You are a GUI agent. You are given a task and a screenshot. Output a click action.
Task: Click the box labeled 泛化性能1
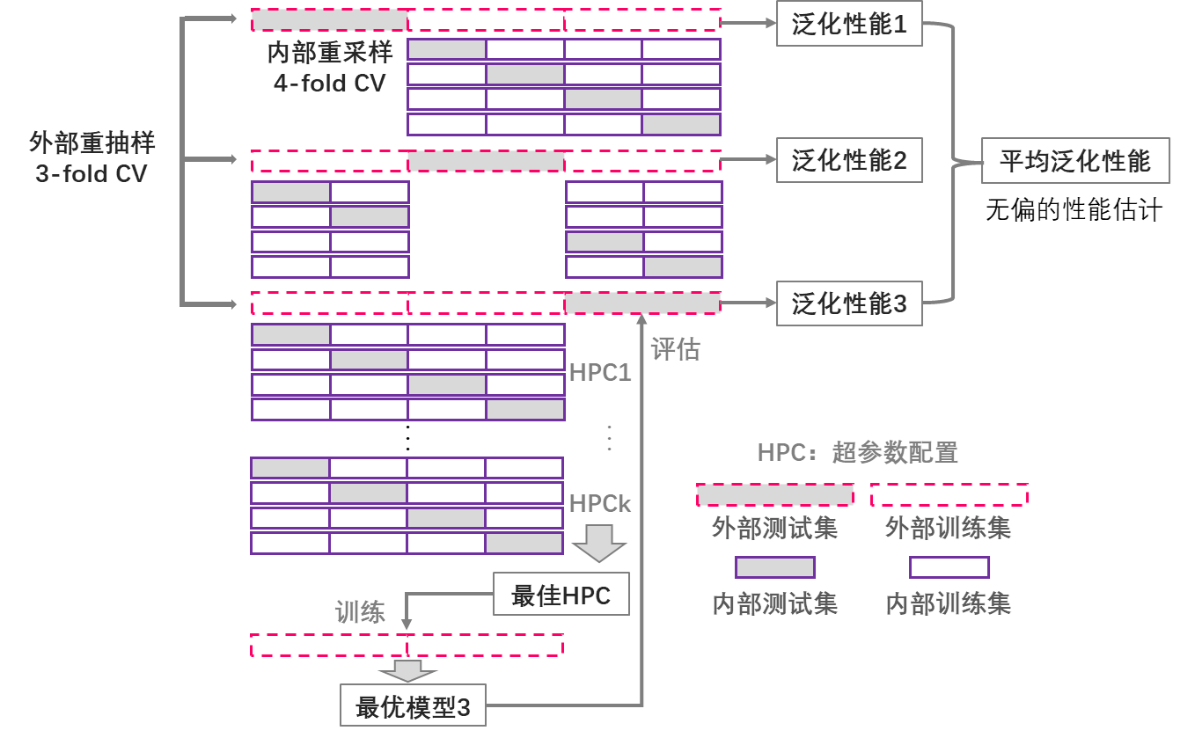[x=849, y=24]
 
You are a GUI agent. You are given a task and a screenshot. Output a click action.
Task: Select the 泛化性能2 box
[x=849, y=160]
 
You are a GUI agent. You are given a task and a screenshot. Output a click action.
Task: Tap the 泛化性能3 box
[x=849, y=304]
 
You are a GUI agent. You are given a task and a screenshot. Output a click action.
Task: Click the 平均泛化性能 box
[x=1075, y=161]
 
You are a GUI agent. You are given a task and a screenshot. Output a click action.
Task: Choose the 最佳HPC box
[x=561, y=595]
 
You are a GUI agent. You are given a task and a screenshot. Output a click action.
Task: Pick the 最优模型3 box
[x=413, y=705]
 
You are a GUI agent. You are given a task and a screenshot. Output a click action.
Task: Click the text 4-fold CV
[x=329, y=84]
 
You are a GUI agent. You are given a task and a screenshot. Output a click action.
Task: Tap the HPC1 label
[x=600, y=373]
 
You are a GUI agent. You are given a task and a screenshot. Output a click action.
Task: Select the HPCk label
[x=600, y=504]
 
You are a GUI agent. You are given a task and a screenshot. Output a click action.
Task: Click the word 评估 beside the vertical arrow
[x=676, y=349]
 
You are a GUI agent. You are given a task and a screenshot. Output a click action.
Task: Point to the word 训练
[x=360, y=612]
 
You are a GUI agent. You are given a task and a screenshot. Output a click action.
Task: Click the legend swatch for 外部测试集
[x=774, y=494]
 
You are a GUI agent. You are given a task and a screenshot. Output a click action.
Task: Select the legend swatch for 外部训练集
[x=949, y=494]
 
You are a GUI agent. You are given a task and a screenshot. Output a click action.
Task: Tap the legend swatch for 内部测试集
[x=774, y=567]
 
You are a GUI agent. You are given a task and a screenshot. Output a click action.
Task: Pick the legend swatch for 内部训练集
[x=949, y=567]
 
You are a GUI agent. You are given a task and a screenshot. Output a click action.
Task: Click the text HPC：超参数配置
[x=857, y=453]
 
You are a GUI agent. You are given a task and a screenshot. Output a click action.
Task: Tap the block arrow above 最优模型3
[x=407, y=671]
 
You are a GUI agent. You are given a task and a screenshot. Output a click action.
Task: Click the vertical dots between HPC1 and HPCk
[x=609, y=437]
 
